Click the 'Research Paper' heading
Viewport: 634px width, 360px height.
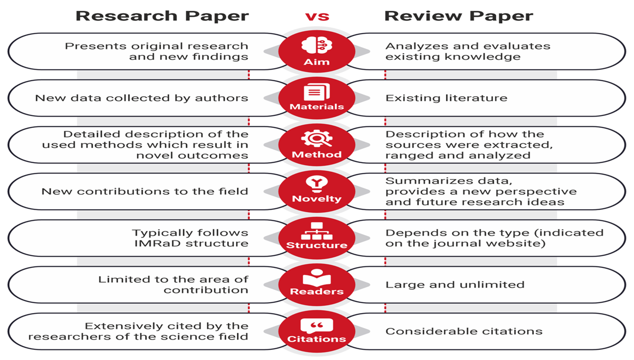[x=162, y=16]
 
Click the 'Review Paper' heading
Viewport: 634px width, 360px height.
[x=458, y=16]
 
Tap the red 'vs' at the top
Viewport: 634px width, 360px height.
[x=317, y=16]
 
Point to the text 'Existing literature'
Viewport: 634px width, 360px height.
[x=446, y=98]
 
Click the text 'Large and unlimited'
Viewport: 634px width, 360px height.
[x=455, y=284]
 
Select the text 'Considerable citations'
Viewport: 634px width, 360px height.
[x=464, y=331]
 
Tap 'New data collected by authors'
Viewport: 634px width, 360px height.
[x=142, y=98]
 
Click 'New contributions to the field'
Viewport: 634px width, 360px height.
[x=145, y=192]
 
